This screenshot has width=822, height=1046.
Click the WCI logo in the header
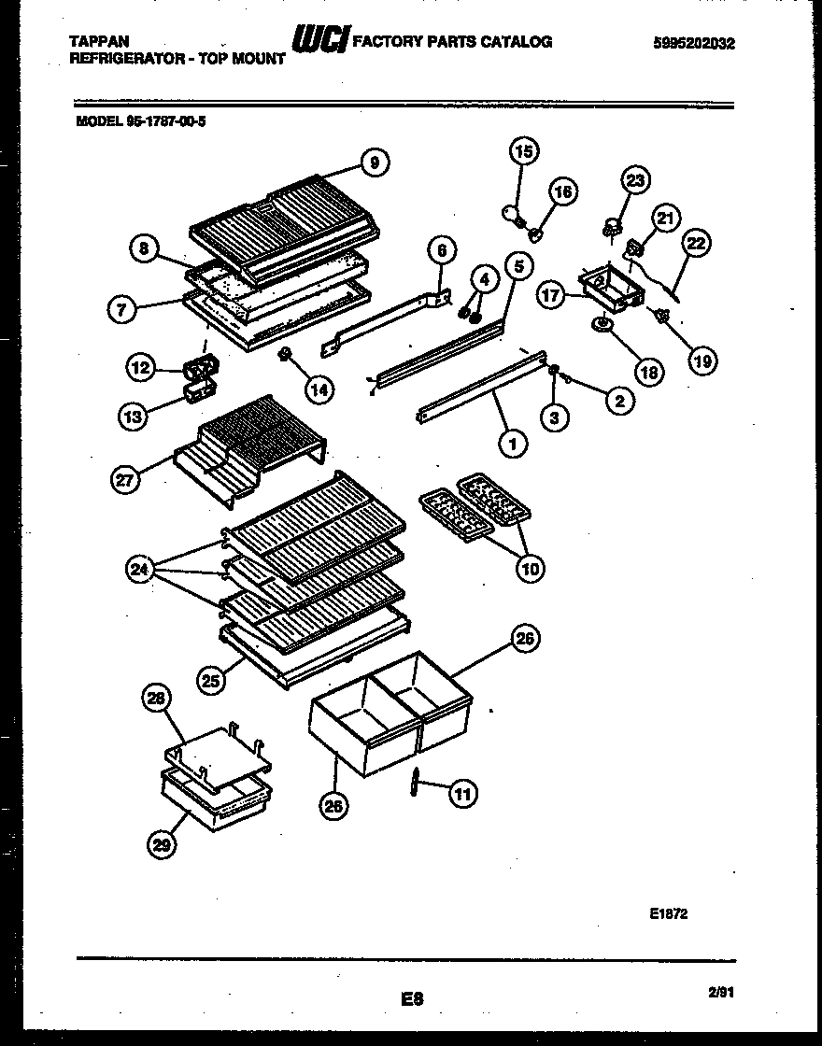(320, 40)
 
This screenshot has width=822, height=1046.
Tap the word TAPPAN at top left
(100, 42)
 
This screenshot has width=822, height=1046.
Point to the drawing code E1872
(668, 914)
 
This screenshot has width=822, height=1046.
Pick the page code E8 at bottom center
(411, 999)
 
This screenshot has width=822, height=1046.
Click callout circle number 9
(374, 163)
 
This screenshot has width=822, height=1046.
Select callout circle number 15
(525, 150)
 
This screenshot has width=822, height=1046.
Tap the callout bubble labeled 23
(635, 181)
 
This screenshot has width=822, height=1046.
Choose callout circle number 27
(125, 480)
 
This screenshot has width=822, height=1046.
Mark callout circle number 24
(141, 570)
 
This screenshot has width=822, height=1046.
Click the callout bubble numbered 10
(530, 567)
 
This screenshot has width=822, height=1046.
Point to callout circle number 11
(461, 794)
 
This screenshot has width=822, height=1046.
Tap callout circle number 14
(319, 389)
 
